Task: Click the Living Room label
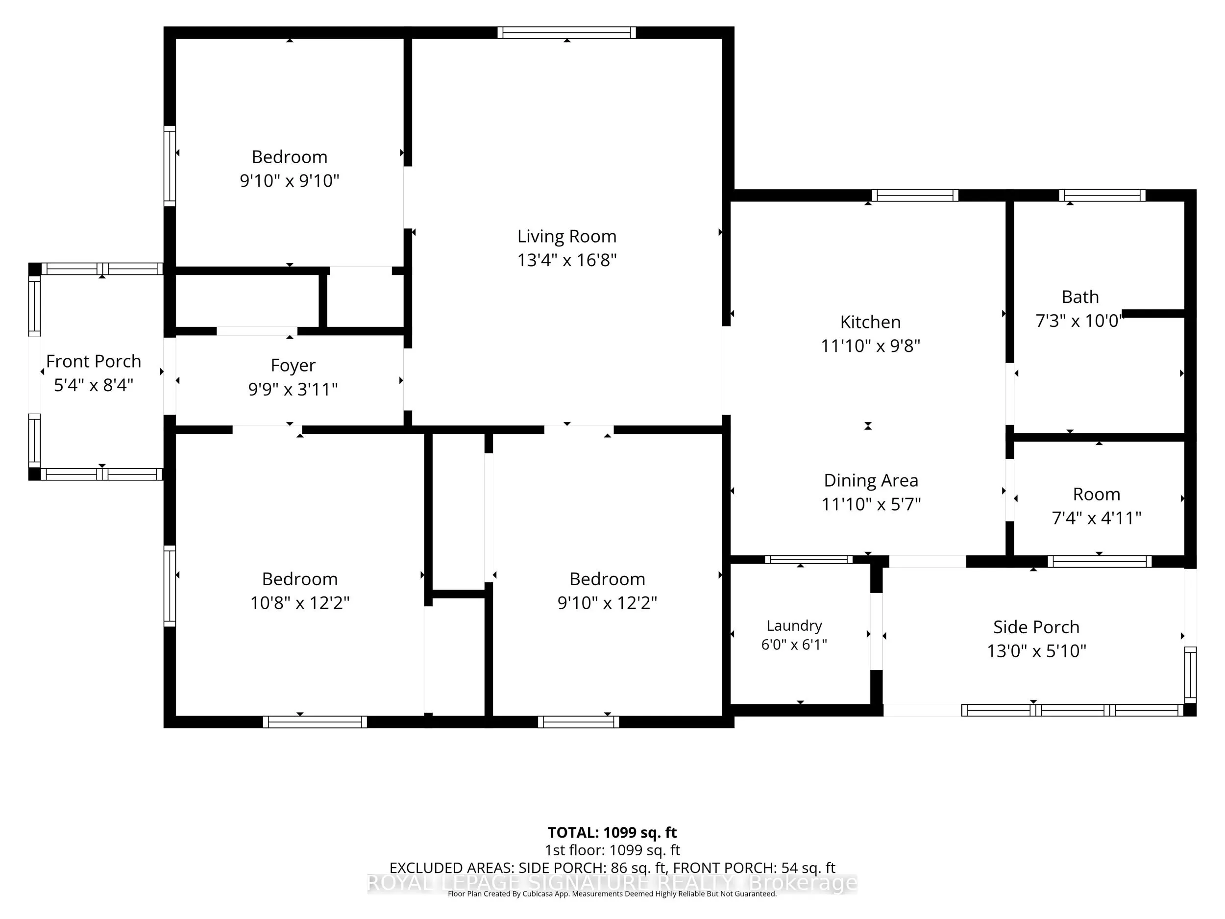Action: (x=566, y=237)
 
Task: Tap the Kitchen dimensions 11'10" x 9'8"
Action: (x=870, y=346)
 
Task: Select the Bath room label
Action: (x=1080, y=297)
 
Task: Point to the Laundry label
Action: (x=794, y=626)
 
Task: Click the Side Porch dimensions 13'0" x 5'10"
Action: (x=1036, y=650)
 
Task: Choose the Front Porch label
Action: (x=94, y=361)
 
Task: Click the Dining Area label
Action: (x=871, y=480)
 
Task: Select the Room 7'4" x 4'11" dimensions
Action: (x=1097, y=518)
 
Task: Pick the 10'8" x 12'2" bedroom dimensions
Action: (x=299, y=603)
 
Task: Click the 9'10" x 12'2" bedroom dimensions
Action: (x=607, y=603)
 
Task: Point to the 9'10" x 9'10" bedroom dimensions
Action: (x=289, y=180)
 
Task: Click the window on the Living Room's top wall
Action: (x=566, y=33)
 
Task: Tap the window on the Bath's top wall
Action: (x=1102, y=196)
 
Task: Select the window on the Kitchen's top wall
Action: (x=915, y=196)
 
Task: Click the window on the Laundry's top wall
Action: (x=808, y=560)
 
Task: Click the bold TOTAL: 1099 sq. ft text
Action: (x=612, y=833)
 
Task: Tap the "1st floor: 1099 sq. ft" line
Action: (x=612, y=850)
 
